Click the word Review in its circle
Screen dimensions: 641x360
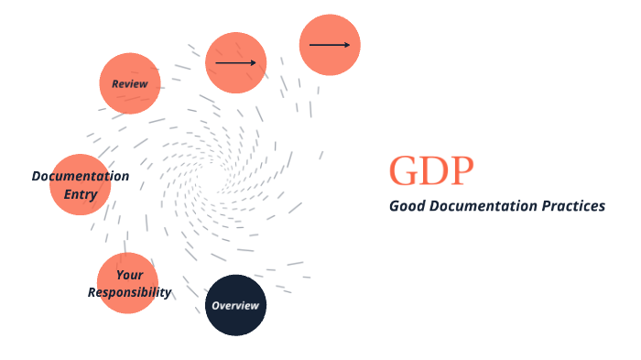click(130, 83)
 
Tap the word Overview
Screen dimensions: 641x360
click(235, 305)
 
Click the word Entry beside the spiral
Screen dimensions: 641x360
click(80, 193)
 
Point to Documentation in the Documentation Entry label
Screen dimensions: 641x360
click(81, 176)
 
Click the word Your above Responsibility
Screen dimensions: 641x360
click(129, 275)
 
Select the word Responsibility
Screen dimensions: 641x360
click(129, 292)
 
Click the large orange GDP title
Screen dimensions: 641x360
click(431, 171)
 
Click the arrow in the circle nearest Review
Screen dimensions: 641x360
click(235, 63)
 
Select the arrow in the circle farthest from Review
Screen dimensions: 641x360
click(330, 44)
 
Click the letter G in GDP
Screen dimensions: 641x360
click(404, 171)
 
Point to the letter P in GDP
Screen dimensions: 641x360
click(462, 171)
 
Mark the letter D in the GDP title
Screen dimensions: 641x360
click(433, 171)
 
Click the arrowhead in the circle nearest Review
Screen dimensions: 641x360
click(253, 63)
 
